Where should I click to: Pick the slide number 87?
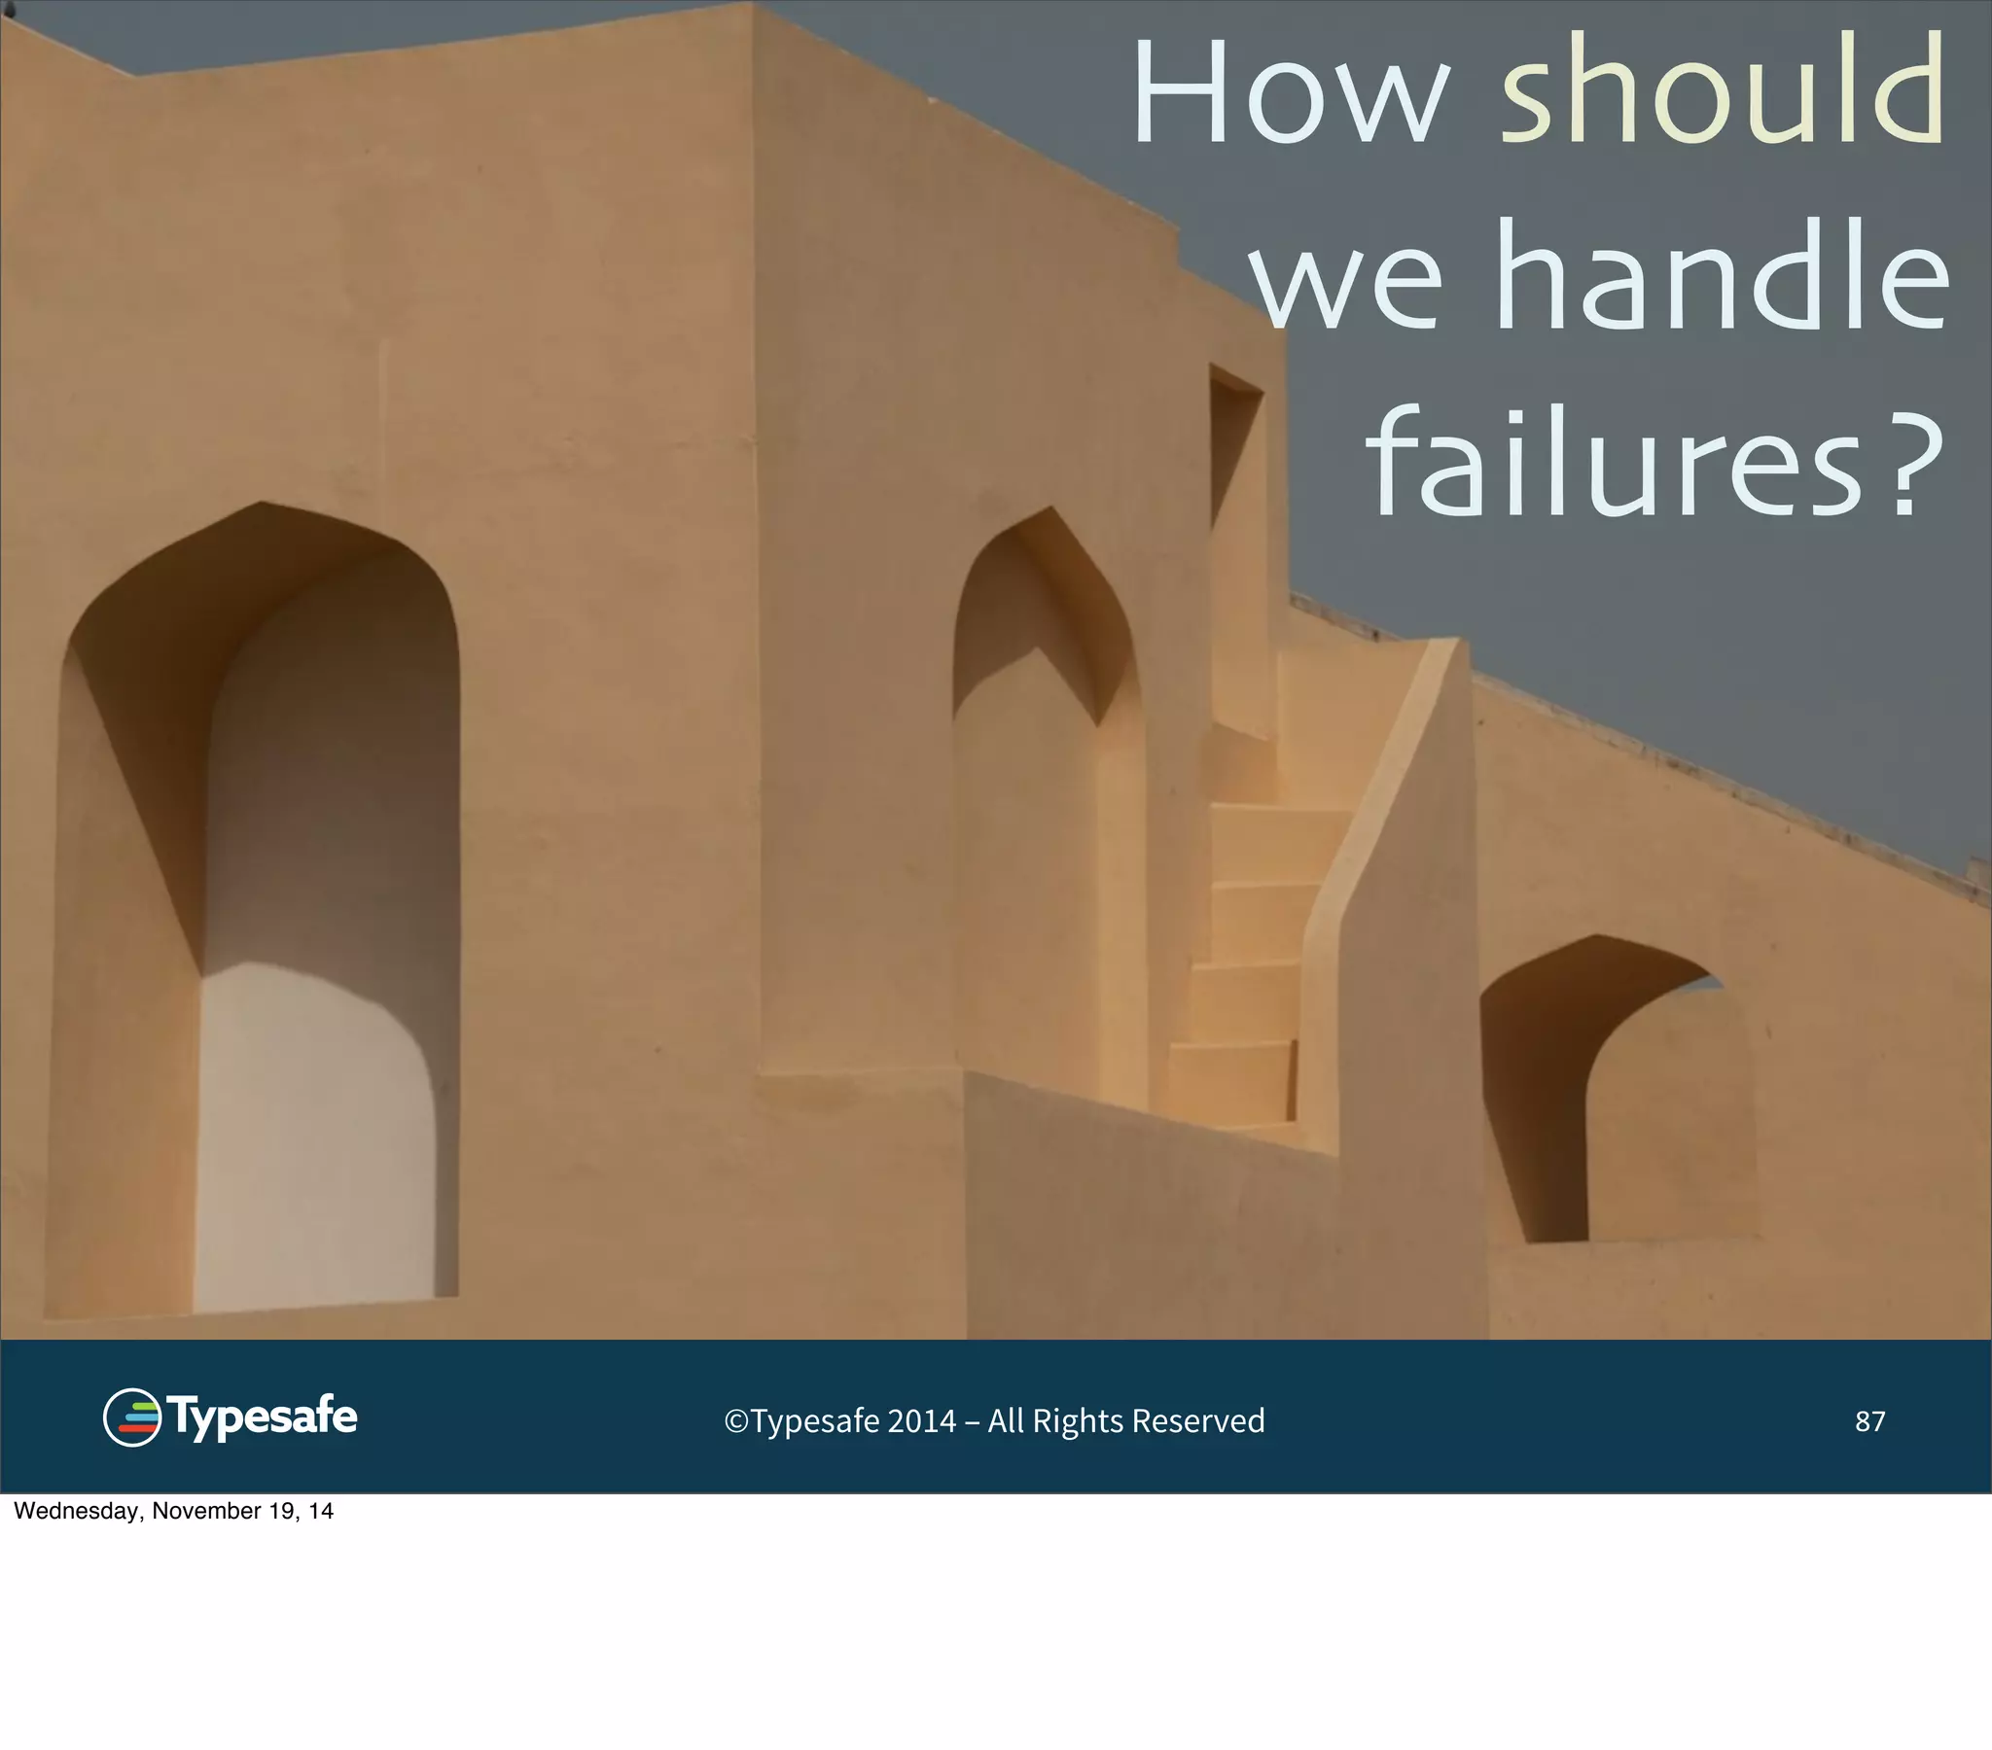pyautogui.click(x=1869, y=1421)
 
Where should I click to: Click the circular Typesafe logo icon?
pyautogui.click(x=131, y=1417)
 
